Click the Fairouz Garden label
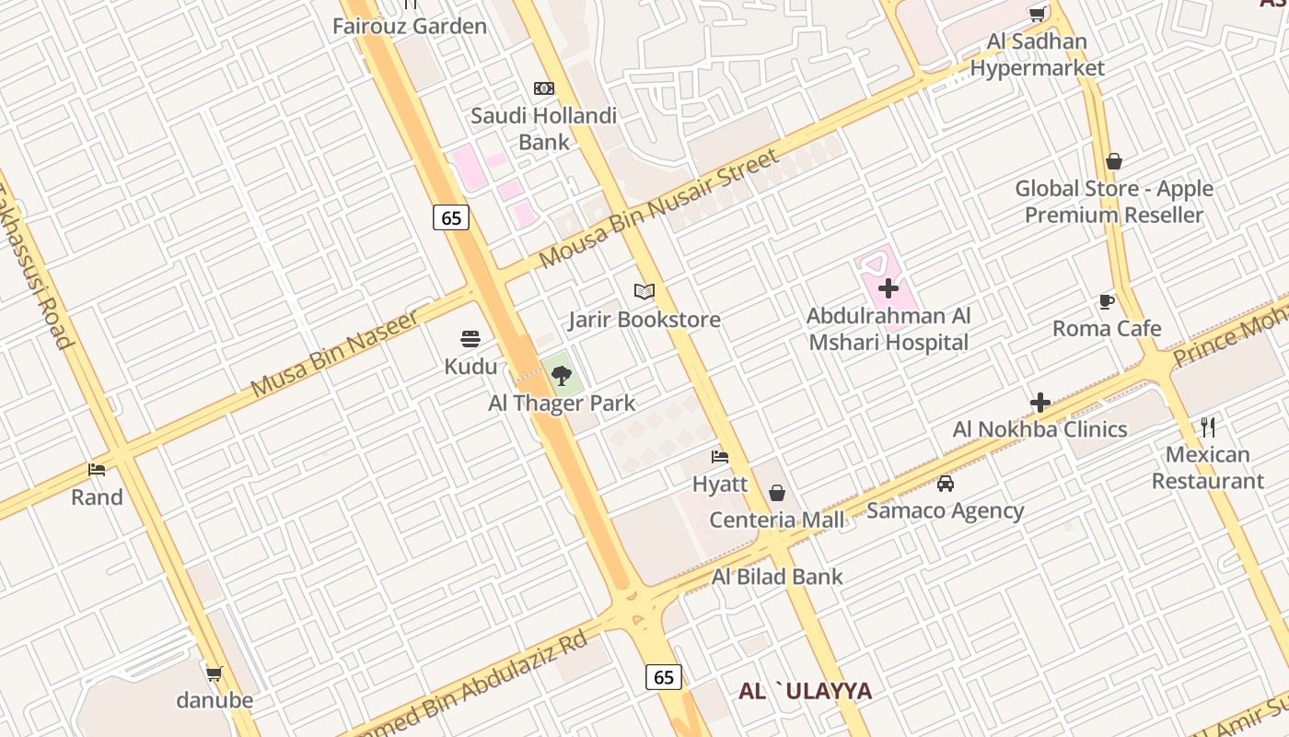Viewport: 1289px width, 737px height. [410, 26]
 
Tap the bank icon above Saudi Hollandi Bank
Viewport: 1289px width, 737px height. [544, 88]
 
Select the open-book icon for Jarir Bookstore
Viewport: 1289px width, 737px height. [644, 292]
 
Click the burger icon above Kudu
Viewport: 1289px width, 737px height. [470, 339]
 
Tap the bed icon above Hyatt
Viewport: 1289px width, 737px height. [720, 456]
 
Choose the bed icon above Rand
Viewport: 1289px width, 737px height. [97, 470]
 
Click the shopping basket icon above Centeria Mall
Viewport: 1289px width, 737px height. [777, 493]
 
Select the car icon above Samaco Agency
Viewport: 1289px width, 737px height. [946, 484]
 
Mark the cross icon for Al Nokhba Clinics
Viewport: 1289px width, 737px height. [1040, 403]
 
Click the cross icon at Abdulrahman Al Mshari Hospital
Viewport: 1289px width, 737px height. [888, 289]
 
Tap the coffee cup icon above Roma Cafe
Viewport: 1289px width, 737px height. [1107, 301]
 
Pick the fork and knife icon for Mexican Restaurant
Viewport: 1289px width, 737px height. [1208, 427]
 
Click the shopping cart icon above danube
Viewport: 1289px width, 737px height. [215, 673]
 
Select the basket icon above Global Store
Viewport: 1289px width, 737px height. [1114, 162]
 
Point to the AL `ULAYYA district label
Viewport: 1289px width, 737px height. [805, 691]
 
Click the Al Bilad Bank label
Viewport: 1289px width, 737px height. [777, 577]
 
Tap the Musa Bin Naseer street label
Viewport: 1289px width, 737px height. [335, 354]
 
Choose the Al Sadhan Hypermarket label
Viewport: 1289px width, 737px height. [1037, 54]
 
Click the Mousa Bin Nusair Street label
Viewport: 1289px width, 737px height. [658, 209]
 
